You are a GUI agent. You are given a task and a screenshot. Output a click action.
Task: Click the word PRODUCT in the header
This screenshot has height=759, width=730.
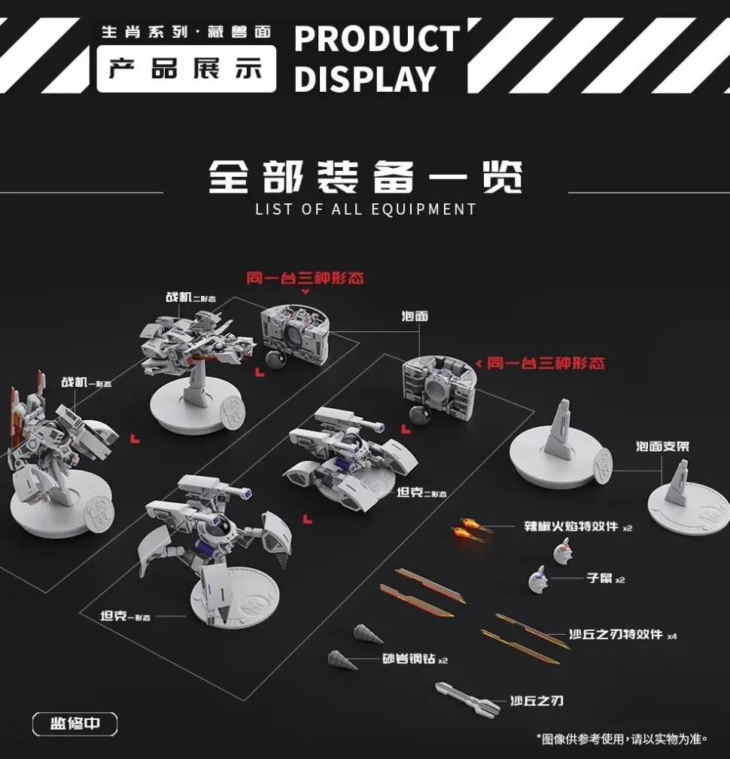click(376, 39)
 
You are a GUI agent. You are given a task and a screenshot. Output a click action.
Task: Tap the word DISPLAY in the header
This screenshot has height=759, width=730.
click(365, 78)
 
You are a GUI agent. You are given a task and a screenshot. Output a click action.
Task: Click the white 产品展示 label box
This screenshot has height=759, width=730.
click(186, 69)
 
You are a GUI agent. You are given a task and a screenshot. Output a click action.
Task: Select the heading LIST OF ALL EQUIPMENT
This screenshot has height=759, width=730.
click(365, 209)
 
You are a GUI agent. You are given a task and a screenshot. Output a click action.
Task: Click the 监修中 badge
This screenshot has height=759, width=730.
click(75, 724)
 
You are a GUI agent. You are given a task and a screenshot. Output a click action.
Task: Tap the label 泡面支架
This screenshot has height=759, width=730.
click(662, 447)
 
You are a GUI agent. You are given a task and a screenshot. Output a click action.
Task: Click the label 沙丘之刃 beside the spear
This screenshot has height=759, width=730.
click(537, 701)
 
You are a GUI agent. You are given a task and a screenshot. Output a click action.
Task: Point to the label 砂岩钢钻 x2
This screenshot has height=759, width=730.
click(414, 659)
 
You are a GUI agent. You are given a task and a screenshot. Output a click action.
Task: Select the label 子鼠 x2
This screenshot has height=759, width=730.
click(606, 578)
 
